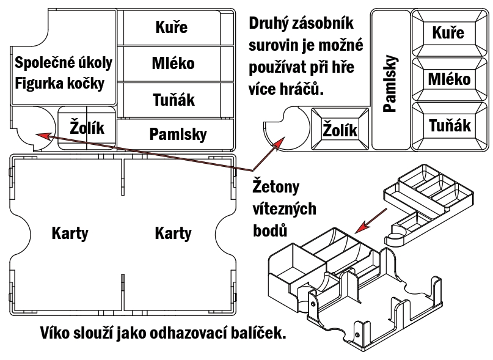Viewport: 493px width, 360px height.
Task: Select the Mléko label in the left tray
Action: tap(173, 63)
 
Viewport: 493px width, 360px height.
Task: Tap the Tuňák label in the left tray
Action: tap(173, 98)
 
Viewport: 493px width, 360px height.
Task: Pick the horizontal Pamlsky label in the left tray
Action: tap(178, 134)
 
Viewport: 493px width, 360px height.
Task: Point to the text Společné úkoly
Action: tap(64, 62)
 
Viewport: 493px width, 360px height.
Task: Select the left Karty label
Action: tap(70, 233)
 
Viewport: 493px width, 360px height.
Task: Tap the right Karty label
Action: tap(173, 233)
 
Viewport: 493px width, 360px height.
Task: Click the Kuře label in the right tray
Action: tap(448, 32)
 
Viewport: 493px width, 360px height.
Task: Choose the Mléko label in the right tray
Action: tap(449, 79)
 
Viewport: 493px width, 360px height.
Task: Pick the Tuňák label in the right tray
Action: tap(450, 125)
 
